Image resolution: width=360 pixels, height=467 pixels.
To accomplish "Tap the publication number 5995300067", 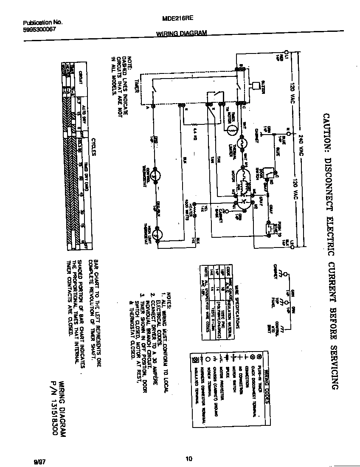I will pos(39,30).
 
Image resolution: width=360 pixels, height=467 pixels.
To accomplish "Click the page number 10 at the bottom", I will pos(189,458).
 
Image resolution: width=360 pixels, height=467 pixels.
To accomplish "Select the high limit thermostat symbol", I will pos(157,233).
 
